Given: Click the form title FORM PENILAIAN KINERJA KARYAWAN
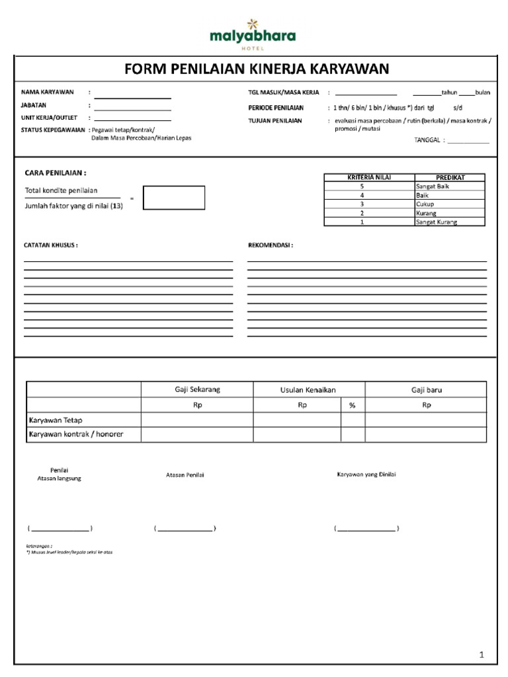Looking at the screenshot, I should (257, 69).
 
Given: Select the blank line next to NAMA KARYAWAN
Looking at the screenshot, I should (132, 97).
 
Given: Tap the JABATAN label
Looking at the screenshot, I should (34, 105).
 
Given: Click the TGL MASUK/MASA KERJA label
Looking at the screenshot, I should (283, 93).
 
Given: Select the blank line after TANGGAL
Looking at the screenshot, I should (468, 143).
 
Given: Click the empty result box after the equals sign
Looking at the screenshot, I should (174, 198).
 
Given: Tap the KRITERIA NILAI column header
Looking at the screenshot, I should (369, 178).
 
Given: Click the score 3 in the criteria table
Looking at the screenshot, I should (362, 204).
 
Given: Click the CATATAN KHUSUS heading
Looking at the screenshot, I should (51, 245).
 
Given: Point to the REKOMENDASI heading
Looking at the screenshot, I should (270, 245).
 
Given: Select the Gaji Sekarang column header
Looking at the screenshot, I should (197, 389).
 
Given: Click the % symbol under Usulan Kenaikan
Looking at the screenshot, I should (353, 405).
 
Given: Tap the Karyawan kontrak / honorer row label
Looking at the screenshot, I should (76, 434).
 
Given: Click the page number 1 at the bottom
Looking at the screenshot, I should (482, 655).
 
